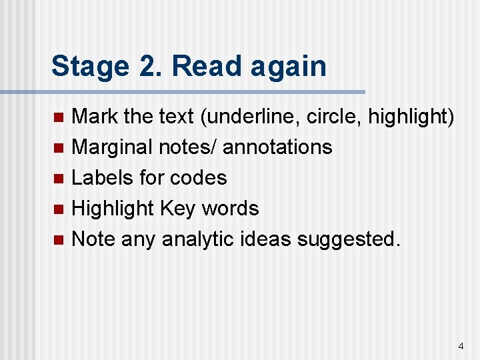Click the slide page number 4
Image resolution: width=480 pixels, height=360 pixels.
461,346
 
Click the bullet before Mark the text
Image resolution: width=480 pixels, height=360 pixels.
58,117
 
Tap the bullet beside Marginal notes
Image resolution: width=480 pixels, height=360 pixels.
58,147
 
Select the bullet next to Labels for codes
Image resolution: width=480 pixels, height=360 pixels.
58,178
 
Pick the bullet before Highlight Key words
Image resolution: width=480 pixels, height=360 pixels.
58,209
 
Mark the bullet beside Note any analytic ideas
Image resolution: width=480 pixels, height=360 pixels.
58,239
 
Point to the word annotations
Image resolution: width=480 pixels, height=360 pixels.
277,147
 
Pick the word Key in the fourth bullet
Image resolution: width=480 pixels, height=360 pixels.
177,209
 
